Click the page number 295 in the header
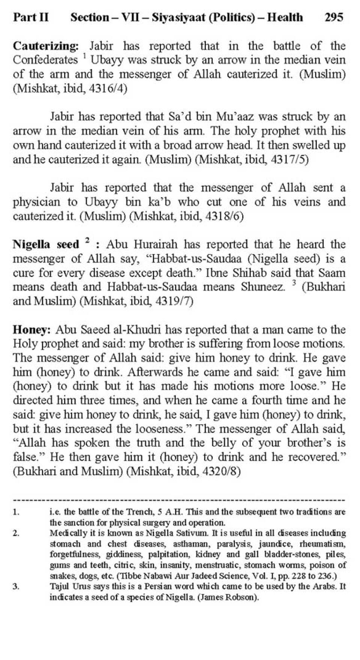(x=334, y=17)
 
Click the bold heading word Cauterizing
(x=45, y=46)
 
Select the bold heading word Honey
(x=31, y=330)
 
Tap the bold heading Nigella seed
(x=46, y=245)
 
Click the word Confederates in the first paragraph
(x=45, y=60)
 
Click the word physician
(x=36, y=202)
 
